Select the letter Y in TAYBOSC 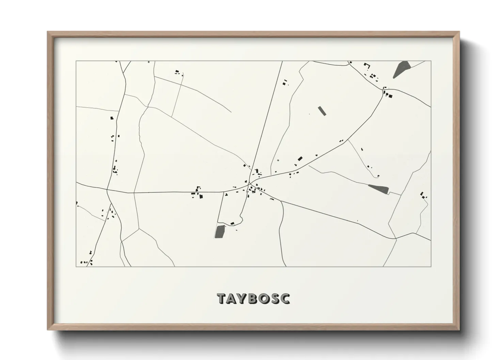coord(243,298)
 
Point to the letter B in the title coord(254,298)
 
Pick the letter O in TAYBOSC coord(265,298)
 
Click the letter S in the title coord(275,298)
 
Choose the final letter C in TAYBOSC coord(285,298)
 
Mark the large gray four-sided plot coord(220,231)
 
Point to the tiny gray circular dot coord(278,160)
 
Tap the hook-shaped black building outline coord(367,65)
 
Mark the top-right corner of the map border coord(431,61)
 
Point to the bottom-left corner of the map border coord(76,266)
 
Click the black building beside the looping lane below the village coord(233,223)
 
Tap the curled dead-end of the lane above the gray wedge coord(378,176)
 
